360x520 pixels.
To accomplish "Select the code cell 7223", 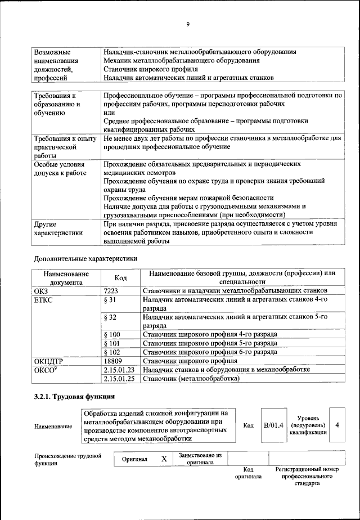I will [x=112, y=290].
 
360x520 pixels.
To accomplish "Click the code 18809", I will [x=114, y=361].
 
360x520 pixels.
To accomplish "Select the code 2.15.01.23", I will [x=119, y=370].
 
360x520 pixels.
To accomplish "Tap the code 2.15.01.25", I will [x=119, y=379].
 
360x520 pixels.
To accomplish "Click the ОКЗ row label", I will [x=42, y=290].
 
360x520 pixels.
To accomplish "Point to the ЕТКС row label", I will [x=43, y=299].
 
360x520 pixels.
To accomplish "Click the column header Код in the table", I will [x=120, y=277].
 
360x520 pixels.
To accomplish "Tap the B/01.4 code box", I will [x=274, y=425].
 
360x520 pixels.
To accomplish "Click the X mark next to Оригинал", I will [x=164, y=459].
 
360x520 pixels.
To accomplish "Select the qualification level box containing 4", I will [x=337, y=425].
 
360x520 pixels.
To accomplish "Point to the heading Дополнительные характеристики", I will [x=85, y=258].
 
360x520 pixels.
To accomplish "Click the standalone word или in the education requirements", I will [x=109, y=113].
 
